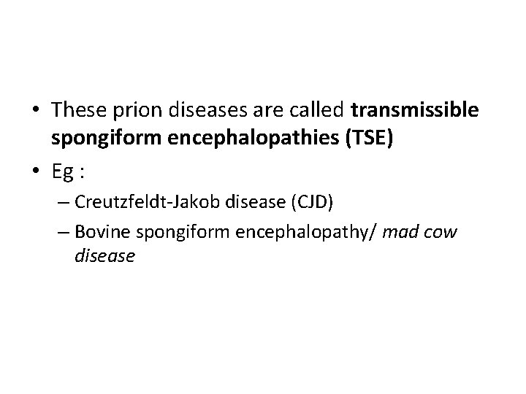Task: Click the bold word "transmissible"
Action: point(415,111)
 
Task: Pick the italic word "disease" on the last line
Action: point(104,257)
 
